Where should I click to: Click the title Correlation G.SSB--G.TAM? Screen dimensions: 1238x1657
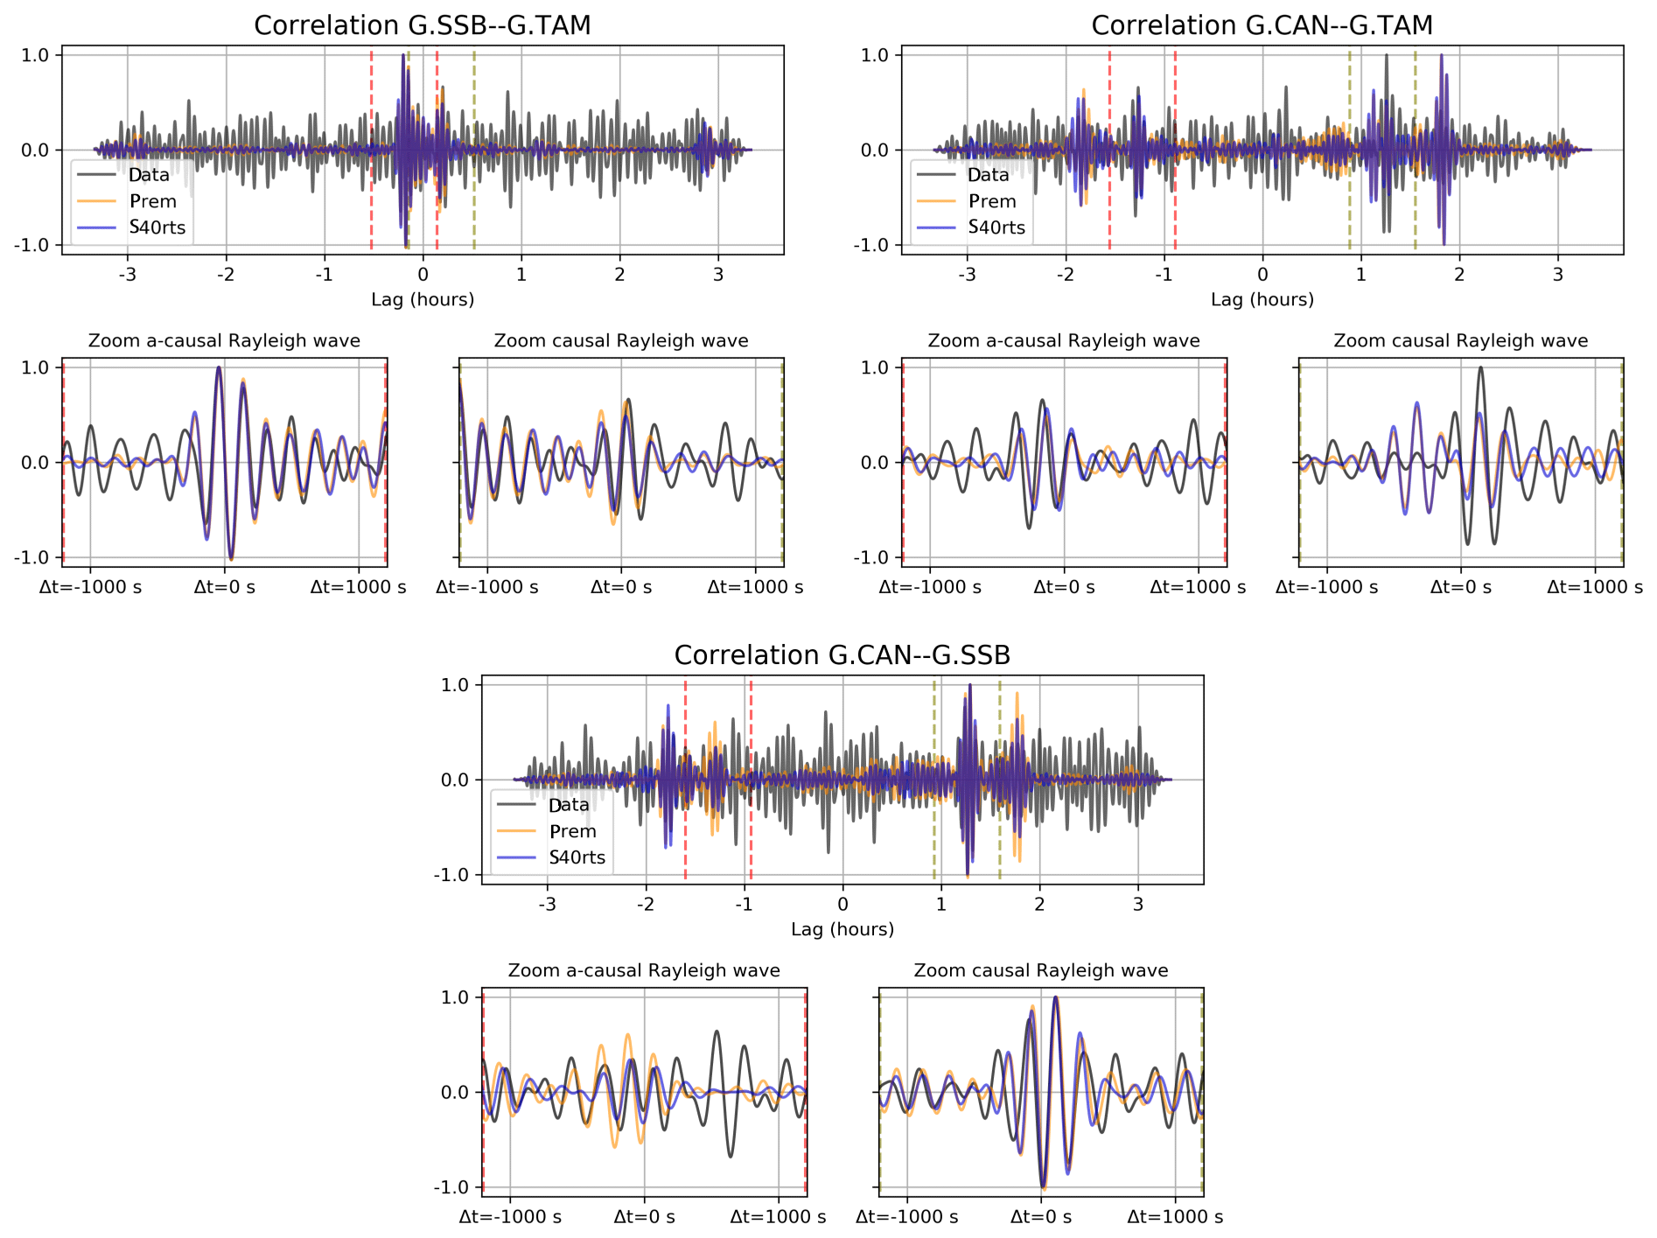tap(423, 25)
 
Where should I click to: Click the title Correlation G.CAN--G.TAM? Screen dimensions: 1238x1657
tap(1262, 25)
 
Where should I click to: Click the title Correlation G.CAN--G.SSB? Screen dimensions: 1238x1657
tap(842, 655)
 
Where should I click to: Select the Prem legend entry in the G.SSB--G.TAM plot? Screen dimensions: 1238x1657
tap(152, 201)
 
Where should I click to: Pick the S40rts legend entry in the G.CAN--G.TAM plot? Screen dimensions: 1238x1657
tap(996, 227)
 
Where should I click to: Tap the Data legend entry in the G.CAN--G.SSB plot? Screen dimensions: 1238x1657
tap(569, 805)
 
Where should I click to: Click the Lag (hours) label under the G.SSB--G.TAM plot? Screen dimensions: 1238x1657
tap(423, 299)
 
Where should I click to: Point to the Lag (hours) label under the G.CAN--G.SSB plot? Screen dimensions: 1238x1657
tap(842, 929)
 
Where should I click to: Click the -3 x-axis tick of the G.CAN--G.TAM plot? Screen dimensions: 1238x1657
tap(967, 274)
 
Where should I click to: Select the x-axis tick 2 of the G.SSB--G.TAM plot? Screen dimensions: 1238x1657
tap(619, 274)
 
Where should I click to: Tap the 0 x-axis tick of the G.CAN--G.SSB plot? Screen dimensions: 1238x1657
tap(842, 904)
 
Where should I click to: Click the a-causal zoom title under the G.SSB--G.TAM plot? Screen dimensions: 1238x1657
tap(224, 340)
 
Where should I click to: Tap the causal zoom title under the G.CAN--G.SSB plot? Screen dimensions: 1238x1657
tap(1041, 970)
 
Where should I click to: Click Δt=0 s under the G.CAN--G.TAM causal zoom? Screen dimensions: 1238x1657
tap(1461, 587)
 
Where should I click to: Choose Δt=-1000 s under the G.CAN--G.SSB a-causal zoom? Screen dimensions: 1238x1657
tap(510, 1217)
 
